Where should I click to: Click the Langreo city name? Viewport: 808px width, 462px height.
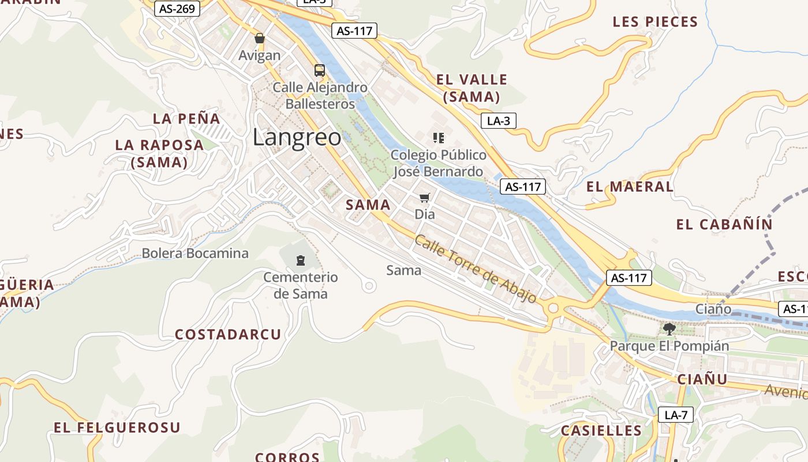[x=297, y=137]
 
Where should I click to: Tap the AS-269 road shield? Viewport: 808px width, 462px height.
[x=177, y=9]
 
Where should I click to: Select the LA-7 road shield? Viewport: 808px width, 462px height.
[x=676, y=414]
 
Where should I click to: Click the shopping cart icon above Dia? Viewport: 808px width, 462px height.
[x=425, y=198]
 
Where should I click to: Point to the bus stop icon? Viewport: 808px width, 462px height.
[x=320, y=70]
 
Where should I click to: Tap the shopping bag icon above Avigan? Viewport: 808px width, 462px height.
[x=260, y=39]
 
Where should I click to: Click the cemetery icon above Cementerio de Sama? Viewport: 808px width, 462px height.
[x=301, y=260]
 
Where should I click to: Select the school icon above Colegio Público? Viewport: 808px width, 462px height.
[x=439, y=138]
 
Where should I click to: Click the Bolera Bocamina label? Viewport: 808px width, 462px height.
[x=195, y=253]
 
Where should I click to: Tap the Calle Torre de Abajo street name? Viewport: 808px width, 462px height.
[x=476, y=269]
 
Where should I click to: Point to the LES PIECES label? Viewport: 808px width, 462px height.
[x=655, y=22]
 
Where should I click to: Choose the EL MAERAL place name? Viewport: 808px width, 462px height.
[x=630, y=187]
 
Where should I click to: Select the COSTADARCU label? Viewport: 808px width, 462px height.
[x=228, y=334]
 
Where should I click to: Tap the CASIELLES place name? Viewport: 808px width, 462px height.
[x=601, y=430]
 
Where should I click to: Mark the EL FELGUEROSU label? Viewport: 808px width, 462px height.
[x=117, y=427]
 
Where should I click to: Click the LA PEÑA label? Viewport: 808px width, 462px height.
[x=186, y=118]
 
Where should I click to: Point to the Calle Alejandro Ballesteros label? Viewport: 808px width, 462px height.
[x=320, y=96]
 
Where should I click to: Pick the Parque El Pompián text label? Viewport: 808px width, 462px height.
[x=669, y=346]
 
